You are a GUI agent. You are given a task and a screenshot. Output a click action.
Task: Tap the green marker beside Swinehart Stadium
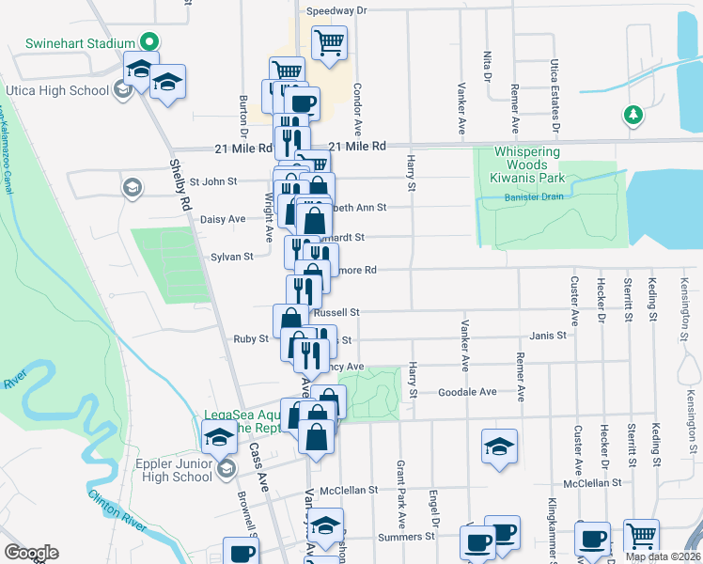click(x=148, y=41)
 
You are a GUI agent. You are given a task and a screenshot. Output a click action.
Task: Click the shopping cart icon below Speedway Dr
click(x=329, y=42)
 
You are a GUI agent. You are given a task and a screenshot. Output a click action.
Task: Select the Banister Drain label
click(x=532, y=196)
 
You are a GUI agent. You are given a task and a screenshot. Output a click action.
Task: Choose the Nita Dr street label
click(x=488, y=65)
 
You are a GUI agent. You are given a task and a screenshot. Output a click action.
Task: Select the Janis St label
click(x=548, y=335)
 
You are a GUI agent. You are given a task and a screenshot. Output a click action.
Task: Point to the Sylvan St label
click(x=232, y=256)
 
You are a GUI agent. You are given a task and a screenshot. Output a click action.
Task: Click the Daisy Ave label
click(x=223, y=219)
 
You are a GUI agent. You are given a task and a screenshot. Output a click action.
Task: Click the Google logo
click(x=31, y=553)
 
